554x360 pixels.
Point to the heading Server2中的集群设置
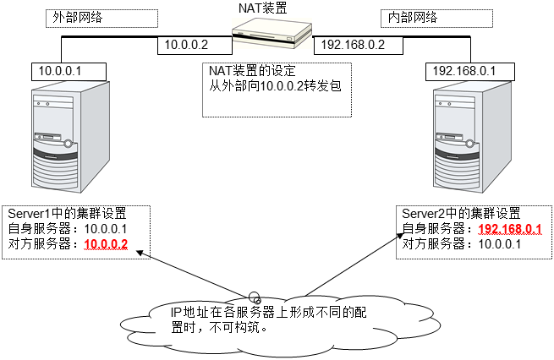point(461,212)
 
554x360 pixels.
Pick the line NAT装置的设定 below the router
point(251,71)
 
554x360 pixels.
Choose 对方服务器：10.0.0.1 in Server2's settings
point(461,244)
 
